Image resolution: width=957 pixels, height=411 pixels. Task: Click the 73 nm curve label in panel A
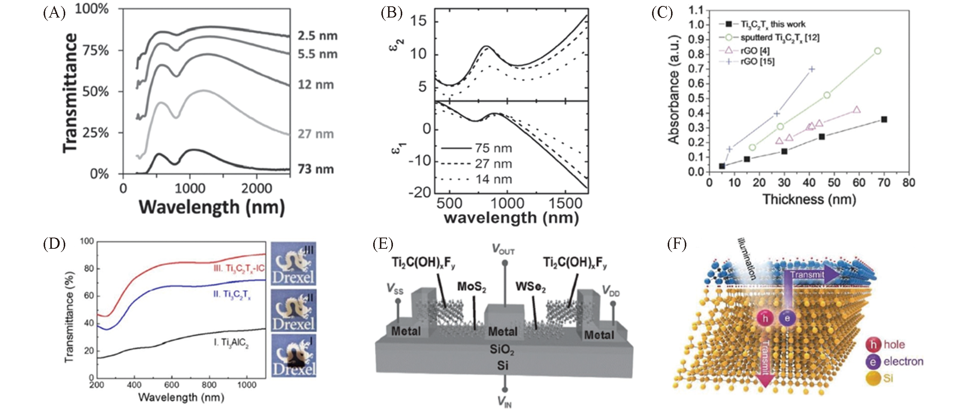316,169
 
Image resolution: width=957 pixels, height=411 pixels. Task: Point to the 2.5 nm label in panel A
317,36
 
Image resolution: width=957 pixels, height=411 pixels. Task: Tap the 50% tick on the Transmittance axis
95,92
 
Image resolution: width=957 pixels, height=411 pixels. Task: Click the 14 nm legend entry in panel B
493,179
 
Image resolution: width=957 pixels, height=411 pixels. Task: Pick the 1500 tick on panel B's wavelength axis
565,204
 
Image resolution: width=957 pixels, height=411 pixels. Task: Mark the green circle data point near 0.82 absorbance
878,51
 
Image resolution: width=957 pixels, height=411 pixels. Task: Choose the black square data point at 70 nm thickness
884,119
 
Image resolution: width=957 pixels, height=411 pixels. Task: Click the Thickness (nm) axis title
809,200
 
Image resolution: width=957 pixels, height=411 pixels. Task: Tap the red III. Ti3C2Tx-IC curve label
239,269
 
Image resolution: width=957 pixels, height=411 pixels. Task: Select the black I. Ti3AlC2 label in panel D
231,342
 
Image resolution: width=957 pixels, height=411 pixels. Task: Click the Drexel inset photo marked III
293,263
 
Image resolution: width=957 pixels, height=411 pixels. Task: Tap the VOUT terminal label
503,249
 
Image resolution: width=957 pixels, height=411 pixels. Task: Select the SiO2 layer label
502,349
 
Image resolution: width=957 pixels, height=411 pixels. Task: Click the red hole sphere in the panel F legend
873,344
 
